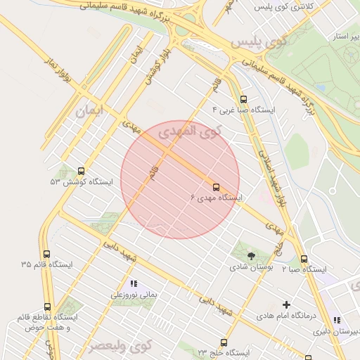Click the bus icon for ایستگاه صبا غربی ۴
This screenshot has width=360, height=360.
click(x=243, y=99)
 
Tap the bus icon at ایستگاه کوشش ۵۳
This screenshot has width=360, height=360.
click(x=81, y=171)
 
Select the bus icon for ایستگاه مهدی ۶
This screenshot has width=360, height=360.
click(x=216, y=187)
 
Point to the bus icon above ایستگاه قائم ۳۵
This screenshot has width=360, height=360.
click(x=46, y=254)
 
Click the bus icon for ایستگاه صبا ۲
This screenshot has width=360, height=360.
click(x=304, y=259)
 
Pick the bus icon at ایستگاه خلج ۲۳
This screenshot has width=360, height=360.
click(x=224, y=342)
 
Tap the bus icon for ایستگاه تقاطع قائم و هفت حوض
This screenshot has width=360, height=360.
click(x=47, y=307)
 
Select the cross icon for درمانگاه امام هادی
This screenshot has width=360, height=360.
click(x=285, y=304)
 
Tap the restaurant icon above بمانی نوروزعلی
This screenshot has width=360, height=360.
click(x=134, y=284)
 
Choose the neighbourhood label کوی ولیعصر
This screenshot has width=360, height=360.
click(x=120, y=346)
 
